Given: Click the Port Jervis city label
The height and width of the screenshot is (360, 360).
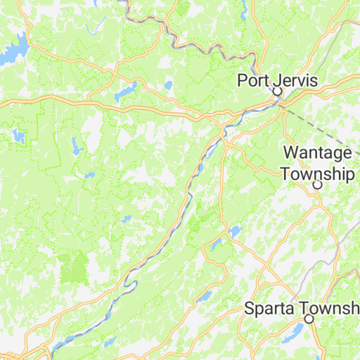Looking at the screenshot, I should click(x=277, y=80).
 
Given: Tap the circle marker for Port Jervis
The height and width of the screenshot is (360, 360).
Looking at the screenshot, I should click(x=277, y=91).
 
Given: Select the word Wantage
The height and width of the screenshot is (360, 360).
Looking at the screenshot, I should click(x=317, y=153).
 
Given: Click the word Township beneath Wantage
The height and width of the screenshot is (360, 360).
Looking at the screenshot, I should click(x=317, y=174).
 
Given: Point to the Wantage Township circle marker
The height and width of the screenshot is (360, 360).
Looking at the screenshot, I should click(x=317, y=185).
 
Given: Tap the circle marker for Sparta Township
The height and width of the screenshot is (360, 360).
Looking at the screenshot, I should click(x=309, y=319).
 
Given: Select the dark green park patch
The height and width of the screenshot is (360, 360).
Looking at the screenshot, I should click(x=75, y=267).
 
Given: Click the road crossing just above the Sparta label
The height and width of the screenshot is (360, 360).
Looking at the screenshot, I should click(x=265, y=288).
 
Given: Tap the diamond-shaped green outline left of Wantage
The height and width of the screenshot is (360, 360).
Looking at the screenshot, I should click(x=257, y=162).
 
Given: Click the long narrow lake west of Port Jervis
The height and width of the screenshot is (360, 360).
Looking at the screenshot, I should click(x=125, y=92).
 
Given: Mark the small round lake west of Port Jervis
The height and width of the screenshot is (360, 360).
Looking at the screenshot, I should click(x=168, y=86).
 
